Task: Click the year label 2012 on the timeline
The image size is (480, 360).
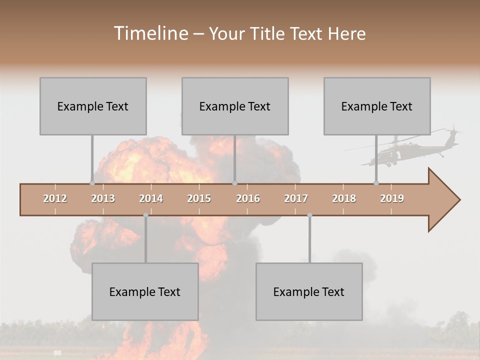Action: [55, 198]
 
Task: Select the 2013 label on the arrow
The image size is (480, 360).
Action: [103, 198]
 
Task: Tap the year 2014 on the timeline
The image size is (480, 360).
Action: [151, 198]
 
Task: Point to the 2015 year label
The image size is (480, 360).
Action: [199, 198]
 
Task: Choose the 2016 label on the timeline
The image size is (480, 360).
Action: [248, 198]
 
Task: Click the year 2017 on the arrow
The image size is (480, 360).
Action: [296, 198]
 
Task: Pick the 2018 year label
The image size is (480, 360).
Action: [344, 198]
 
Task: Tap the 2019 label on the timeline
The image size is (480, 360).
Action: [392, 198]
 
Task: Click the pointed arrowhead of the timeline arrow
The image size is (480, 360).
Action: [445, 200]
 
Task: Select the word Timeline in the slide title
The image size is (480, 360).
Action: [149, 33]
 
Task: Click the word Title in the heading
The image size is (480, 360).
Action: [270, 34]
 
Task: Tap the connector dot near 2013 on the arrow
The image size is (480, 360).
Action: [92, 183]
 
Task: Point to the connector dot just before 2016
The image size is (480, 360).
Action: [234, 183]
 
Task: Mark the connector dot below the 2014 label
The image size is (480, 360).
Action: [145, 215]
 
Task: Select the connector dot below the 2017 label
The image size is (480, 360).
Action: [309, 215]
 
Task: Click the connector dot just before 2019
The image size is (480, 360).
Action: [376, 183]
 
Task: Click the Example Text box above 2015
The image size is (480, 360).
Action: [235, 106]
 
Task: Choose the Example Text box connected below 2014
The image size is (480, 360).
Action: [145, 291]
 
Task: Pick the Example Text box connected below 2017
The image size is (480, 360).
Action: [309, 291]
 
